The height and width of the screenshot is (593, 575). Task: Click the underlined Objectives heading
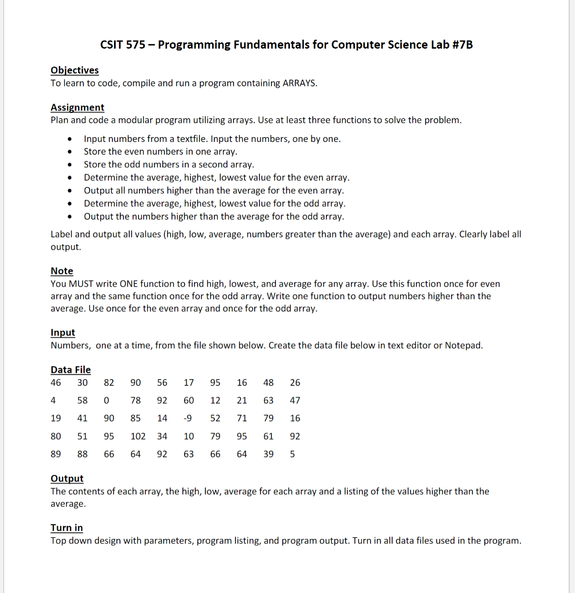(x=75, y=70)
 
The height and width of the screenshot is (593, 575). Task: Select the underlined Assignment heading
(x=78, y=107)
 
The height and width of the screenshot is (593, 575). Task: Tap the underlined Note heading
(x=62, y=271)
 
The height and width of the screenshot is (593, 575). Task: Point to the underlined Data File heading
(x=71, y=369)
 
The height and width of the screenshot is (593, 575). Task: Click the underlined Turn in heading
(x=67, y=528)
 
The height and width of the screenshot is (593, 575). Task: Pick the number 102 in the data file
(x=138, y=436)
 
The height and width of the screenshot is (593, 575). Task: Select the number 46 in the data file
(x=56, y=382)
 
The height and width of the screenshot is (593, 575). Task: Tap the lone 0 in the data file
(x=107, y=400)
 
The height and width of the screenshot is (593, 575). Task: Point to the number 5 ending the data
(x=292, y=454)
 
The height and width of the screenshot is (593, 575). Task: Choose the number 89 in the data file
(x=56, y=454)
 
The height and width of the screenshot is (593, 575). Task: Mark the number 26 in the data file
(x=295, y=382)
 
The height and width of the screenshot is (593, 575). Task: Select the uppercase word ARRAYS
(x=299, y=83)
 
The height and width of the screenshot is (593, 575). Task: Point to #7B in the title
(x=460, y=45)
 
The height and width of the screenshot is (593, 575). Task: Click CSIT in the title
(x=112, y=45)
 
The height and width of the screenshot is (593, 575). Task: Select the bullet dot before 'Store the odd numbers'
(x=70, y=164)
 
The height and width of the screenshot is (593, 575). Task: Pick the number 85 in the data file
(x=135, y=418)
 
